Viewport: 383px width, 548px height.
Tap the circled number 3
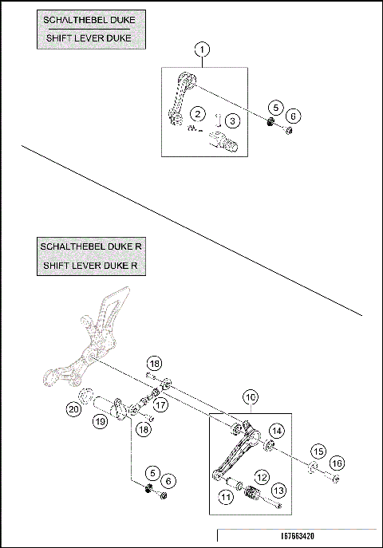coord(231,120)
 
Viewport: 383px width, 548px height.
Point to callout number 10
coord(250,396)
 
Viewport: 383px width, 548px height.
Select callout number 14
coord(276,430)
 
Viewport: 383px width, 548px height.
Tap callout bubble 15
coord(318,451)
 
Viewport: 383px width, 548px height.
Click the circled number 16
coord(338,463)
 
